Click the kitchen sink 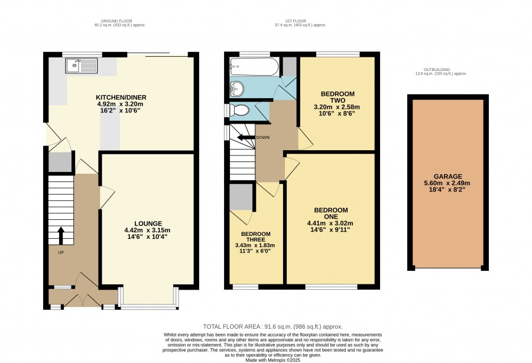click(82, 65)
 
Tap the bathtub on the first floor click(254, 67)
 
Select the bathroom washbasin click(237, 89)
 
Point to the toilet click(239, 110)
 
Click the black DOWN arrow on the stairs click(246, 137)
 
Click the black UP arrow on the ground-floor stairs click(61, 236)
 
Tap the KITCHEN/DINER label click(121, 98)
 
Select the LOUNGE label click(148, 223)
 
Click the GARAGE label click(448, 176)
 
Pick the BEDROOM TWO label click(338, 97)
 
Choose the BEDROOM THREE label click(256, 236)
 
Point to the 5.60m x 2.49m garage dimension click(447, 183)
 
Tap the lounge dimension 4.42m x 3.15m click(147, 231)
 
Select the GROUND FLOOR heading click(116, 21)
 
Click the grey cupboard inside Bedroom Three click(241, 197)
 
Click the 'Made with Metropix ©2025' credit click(273, 360)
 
